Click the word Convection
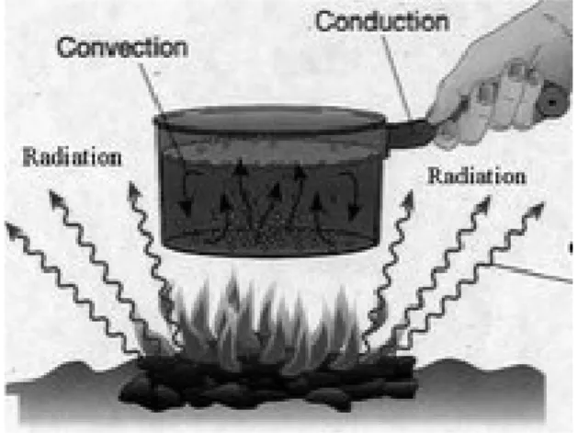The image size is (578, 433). click(123, 48)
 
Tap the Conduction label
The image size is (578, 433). click(382, 21)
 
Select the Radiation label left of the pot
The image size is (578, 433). click(73, 157)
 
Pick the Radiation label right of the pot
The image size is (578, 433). click(477, 177)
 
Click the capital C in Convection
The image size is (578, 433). click(67, 48)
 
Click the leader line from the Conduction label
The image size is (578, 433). click(397, 76)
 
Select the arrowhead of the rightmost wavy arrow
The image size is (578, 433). click(536, 211)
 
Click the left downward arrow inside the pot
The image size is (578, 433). click(187, 194)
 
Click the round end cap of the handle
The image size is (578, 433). click(552, 101)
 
